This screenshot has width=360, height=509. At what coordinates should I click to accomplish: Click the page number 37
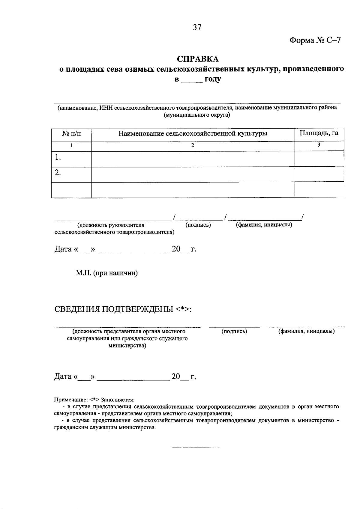(x=197, y=28)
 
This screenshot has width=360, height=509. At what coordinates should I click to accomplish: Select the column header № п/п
(x=71, y=134)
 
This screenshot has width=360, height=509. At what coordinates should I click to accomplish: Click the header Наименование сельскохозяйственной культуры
(x=193, y=134)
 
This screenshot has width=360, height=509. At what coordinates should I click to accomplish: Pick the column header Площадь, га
(x=319, y=133)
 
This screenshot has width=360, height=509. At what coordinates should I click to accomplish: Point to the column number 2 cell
(x=193, y=145)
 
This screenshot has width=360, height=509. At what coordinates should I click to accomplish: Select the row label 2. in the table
(x=58, y=173)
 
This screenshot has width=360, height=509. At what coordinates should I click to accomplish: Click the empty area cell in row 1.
(x=319, y=159)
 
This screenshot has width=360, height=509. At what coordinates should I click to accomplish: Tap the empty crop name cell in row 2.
(x=193, y=174)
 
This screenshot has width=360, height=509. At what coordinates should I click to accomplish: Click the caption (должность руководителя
(x=111, y=225)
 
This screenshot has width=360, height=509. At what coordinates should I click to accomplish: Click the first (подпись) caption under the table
(x=198, y=225)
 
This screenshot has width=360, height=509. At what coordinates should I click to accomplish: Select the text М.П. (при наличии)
(x=106, y=273)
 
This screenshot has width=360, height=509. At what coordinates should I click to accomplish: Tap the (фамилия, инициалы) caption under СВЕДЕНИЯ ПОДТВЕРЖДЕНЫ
(x=306, y=331)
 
